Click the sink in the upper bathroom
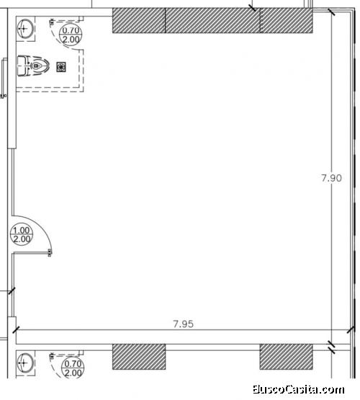point(24,28)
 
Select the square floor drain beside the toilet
point(61,67)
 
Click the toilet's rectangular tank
point(22,66)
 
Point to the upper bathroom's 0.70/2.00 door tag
point(71,35)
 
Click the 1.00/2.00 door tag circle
point(22,235)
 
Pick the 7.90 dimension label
point(331,178)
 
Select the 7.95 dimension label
point(183,324)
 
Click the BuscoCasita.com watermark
point(298,389)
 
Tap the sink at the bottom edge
point(24,363)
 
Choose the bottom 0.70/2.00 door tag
point(73,368)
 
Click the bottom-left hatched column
point(139,357)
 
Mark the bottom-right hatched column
point(286,357)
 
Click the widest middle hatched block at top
point(212,20)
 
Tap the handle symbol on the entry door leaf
point(50,252)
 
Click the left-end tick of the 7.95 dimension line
point(16,329)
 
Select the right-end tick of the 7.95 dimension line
point(351,329)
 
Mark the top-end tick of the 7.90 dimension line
point(331,12)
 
